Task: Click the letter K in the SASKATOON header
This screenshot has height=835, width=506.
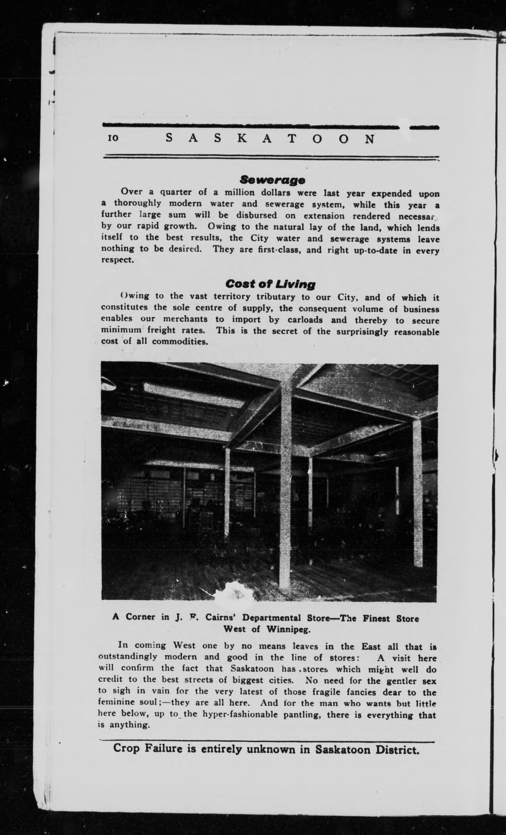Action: click(x=242, y=138)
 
